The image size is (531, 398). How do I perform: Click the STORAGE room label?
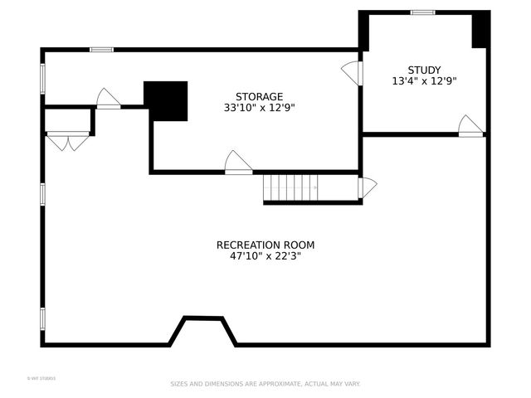259,96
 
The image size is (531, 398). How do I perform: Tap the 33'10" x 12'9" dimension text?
259,108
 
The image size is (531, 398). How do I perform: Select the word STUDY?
424,70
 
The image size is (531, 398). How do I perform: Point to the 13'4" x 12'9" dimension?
424,81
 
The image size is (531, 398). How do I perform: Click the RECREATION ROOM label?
265,245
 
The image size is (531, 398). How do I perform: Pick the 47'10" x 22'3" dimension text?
265,257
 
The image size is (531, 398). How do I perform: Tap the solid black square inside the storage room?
166,100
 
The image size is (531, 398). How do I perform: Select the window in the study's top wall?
423,12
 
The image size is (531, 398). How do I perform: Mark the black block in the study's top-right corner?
480,30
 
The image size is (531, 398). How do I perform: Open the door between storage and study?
353,73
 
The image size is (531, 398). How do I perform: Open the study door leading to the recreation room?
470,126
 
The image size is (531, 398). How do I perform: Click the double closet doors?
68,141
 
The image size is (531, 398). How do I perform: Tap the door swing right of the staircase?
367,187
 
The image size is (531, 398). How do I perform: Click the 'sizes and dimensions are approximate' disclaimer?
265,384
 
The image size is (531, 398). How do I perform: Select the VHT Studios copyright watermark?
41,379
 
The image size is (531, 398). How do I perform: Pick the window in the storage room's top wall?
101,50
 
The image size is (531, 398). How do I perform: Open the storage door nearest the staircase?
238,163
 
